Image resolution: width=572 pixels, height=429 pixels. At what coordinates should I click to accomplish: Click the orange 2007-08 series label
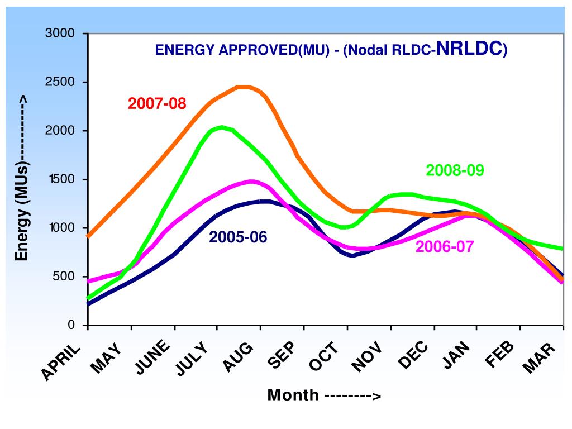click(x=157, y=104)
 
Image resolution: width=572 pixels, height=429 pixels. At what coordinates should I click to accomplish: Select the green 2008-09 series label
click(x=455, y=170)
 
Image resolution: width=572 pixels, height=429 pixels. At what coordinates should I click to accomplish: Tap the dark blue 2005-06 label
click(x=238, y=237)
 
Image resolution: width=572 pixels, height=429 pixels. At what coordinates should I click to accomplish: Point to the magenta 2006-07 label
click(x=445, y=246)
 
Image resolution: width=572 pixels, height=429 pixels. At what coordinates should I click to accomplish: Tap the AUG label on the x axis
click(x=239, y=357)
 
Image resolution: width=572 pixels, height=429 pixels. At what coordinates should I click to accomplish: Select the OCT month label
click(x=325, y=357)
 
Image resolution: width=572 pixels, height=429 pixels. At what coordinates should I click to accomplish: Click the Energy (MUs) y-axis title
click(x=21, y=178)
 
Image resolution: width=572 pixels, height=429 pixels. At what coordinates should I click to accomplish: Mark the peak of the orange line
click(x=244, y=87)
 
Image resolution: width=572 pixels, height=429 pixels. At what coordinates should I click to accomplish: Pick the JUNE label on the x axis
click(x=152, y=359)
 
